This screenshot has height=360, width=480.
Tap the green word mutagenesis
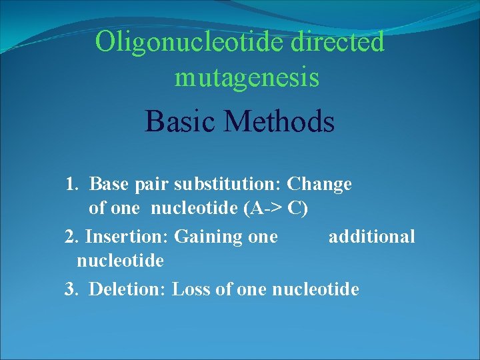[x=247, y=78]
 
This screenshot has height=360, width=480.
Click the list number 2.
[x=71, y=237]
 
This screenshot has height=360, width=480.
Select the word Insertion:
[x=127, y=237]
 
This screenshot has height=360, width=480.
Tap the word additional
[x=371, y=237]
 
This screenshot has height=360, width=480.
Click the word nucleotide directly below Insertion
[x=120, y=261]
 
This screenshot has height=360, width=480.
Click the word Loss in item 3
[x=189, y=289]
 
